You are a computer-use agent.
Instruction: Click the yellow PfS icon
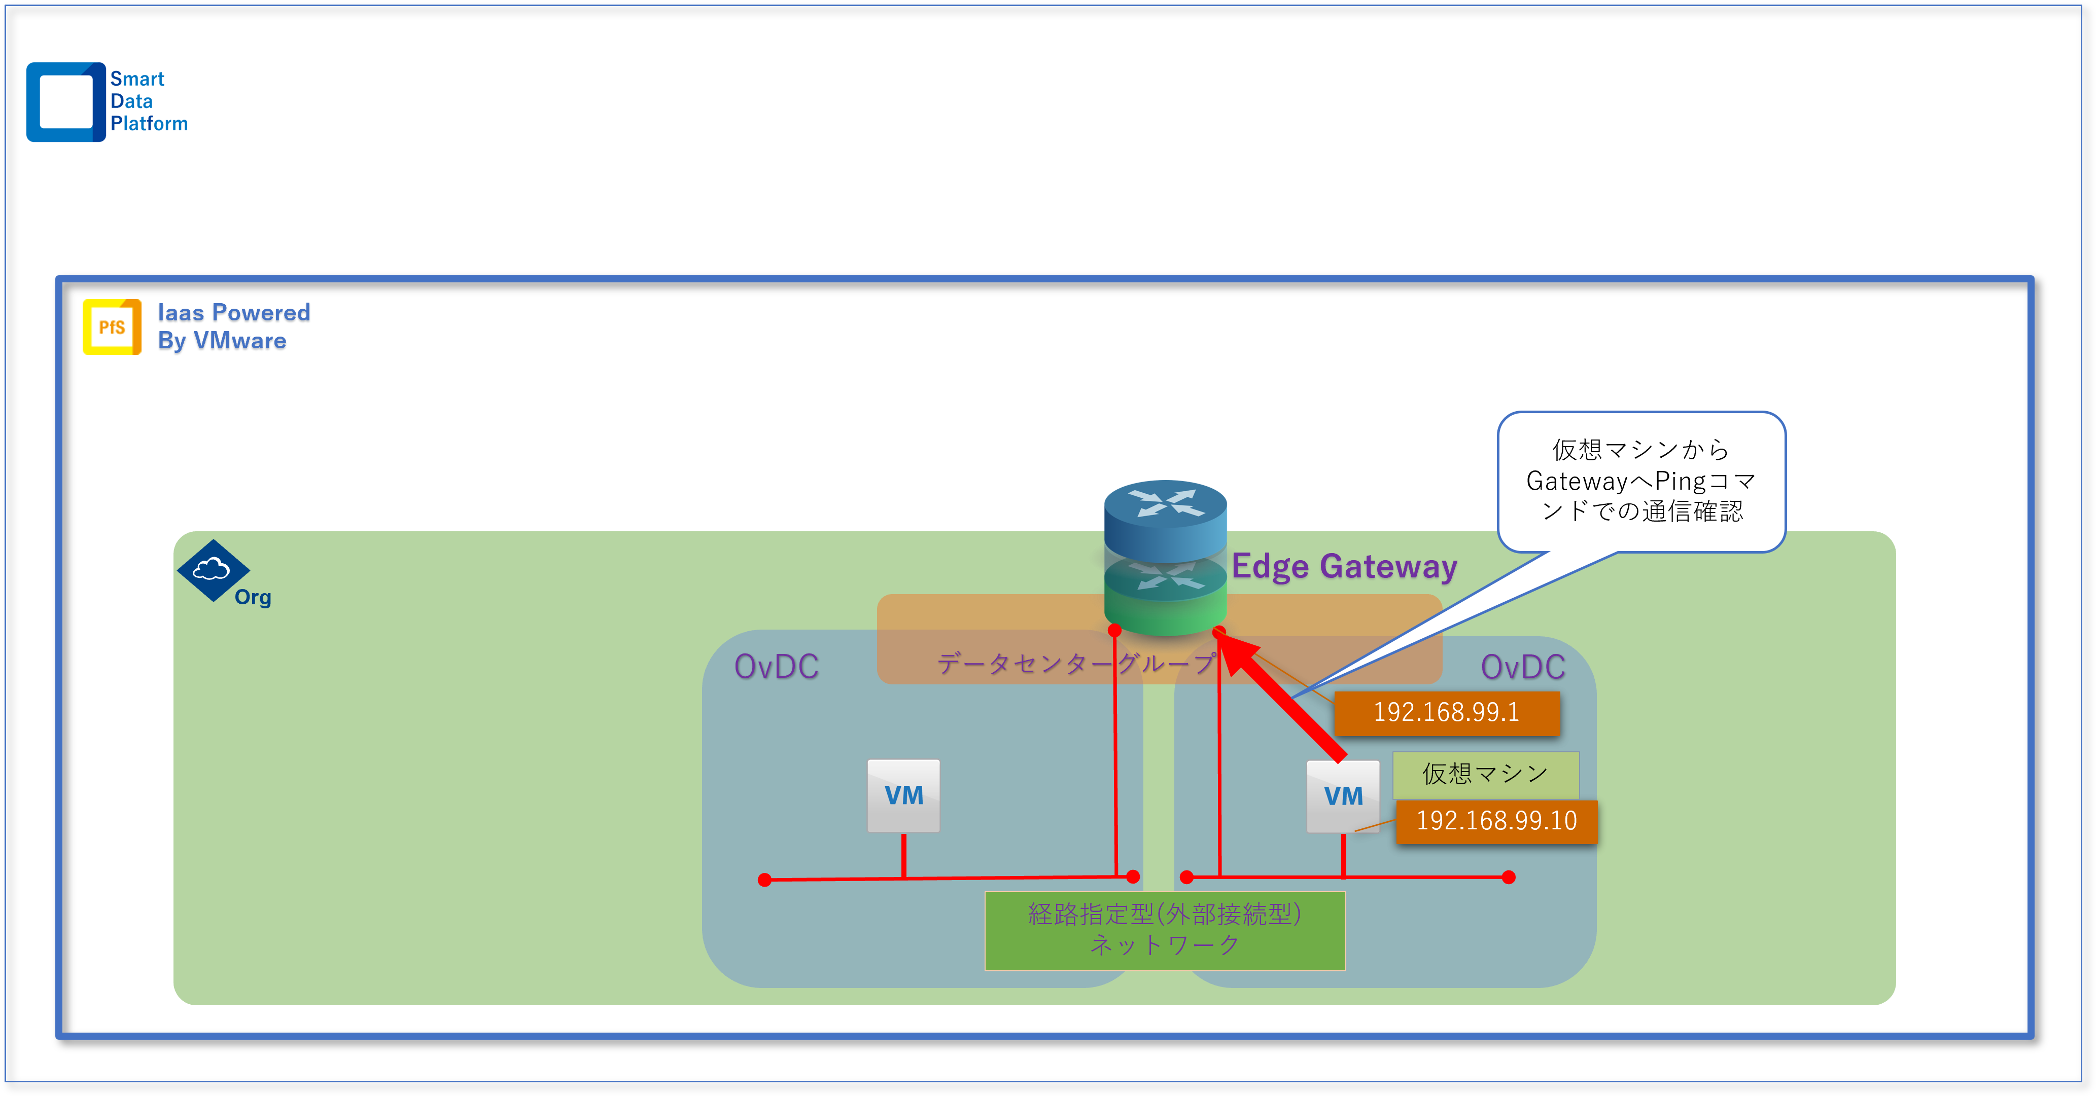click(112, 327)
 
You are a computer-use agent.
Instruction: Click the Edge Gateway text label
click(1344, 566)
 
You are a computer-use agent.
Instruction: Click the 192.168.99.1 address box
click(1447, 713)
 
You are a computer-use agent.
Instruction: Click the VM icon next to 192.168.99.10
click(1342, 796)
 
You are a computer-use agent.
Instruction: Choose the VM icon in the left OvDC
click(903, 795)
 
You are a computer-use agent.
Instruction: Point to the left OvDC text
click(776, 667)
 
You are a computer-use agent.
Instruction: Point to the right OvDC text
click(1522, 667)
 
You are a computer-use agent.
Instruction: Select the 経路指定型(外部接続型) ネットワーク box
click(1165, 930)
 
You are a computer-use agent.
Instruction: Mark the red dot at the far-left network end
click(764, 880)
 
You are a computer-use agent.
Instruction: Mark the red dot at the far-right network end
click(1509, 877)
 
